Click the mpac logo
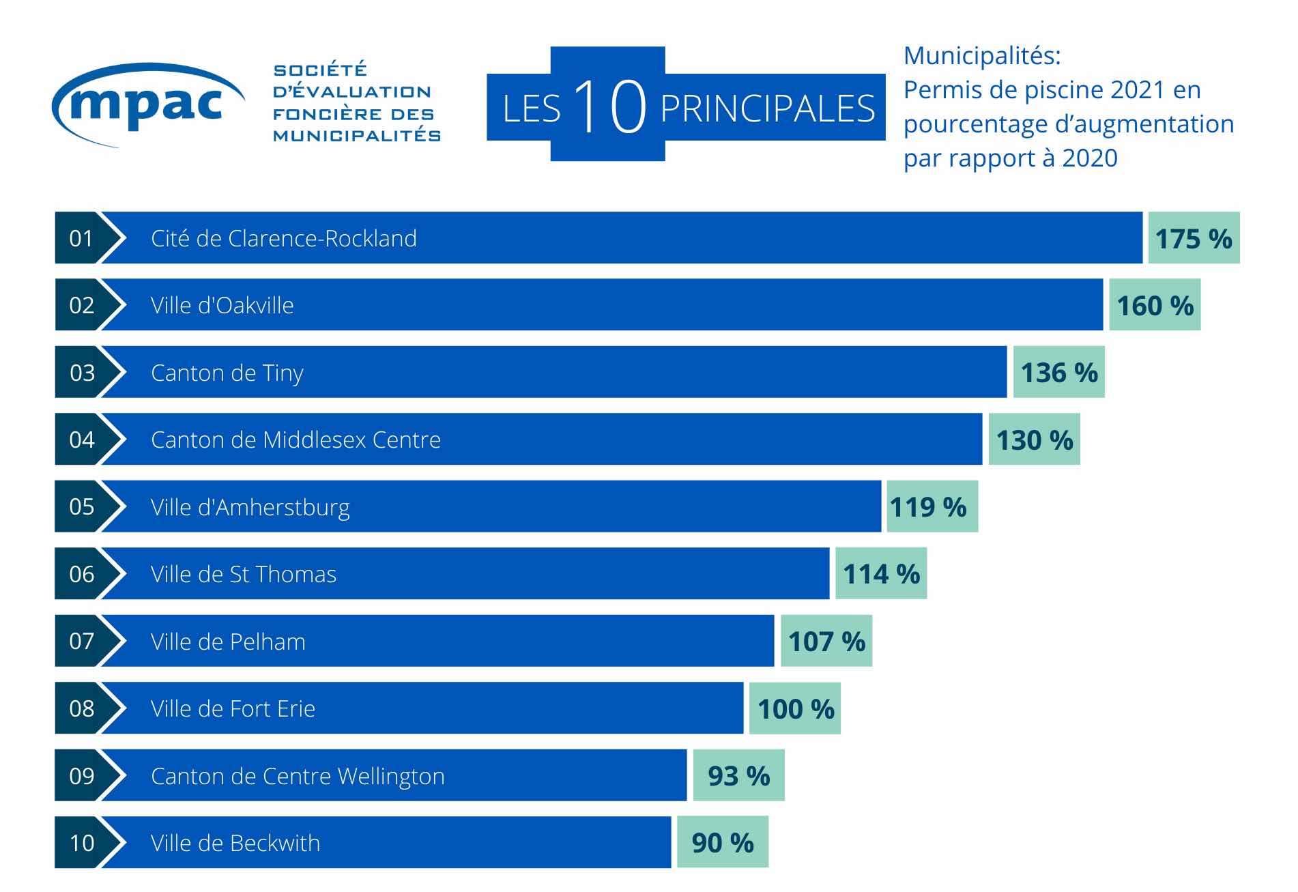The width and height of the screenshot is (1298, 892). point(147,104)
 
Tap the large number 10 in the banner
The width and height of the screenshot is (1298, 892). point(609,106)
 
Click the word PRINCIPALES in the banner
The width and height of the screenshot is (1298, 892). point(767,109)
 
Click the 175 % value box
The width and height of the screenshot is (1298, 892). point(1193,238)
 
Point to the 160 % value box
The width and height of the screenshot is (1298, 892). point(1154,305)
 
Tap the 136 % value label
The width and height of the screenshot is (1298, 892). point(1058,373)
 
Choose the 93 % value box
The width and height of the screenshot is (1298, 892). point(738,775)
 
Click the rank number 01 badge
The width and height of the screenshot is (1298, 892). point(81,238)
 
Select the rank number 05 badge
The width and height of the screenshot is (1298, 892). point(81,506)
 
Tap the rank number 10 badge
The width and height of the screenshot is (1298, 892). point(81,843)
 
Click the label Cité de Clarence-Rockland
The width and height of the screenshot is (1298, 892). point(283,238)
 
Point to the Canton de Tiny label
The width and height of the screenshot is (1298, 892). point(227,373)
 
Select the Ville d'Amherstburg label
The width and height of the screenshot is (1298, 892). point(250,508)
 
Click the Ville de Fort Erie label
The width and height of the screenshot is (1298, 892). point(233,708)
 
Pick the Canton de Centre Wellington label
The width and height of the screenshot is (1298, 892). point(298,776)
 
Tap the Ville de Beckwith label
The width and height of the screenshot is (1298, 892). point(235,843)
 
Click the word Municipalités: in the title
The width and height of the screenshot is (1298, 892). point(981,56)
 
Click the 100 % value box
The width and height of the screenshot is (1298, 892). point(795,708)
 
